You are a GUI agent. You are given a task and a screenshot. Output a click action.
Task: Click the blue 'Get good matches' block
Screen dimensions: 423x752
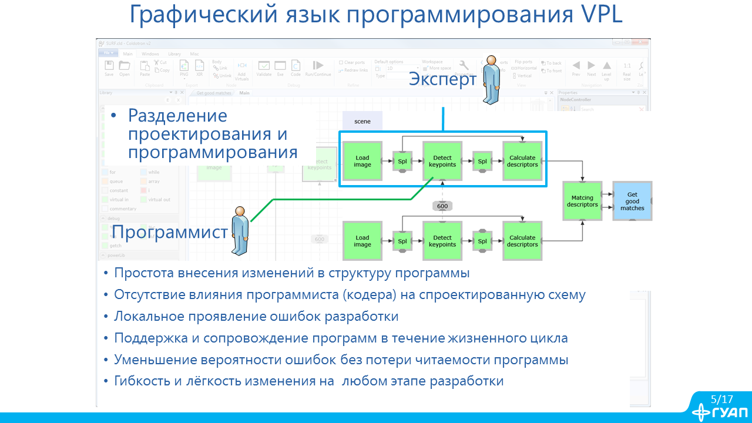coord(632,201)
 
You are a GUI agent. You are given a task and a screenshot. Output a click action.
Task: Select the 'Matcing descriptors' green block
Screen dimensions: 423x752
coord(582,201)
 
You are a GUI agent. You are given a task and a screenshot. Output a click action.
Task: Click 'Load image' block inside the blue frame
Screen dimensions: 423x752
coord(362,161)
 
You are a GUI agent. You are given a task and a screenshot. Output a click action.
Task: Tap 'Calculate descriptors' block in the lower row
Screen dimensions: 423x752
coord(523,241)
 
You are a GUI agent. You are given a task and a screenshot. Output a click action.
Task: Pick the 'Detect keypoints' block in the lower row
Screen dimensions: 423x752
coord(442,241)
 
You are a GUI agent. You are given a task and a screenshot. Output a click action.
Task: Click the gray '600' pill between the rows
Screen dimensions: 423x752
coord(442,206)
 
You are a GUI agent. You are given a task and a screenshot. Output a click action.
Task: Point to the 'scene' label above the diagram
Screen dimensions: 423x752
coord(362,121)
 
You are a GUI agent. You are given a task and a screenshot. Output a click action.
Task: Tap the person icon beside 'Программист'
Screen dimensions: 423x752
coord(240,231)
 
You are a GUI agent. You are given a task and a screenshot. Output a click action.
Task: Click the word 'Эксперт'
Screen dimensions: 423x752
coord(442,79)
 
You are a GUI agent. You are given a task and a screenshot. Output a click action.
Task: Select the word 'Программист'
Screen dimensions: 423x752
coord(170,232)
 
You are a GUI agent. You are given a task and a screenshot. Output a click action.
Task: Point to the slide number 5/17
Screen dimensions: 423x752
coord(722,399)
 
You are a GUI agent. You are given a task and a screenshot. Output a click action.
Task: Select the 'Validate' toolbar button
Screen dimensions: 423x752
coord(264,68)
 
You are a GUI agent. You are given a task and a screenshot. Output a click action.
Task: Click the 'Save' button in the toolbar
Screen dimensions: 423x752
coord(109,68)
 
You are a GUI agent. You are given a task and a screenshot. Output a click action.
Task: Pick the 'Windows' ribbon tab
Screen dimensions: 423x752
coord(150,53)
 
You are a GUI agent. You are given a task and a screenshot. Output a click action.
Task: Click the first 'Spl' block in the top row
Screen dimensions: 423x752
coord(402,161)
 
